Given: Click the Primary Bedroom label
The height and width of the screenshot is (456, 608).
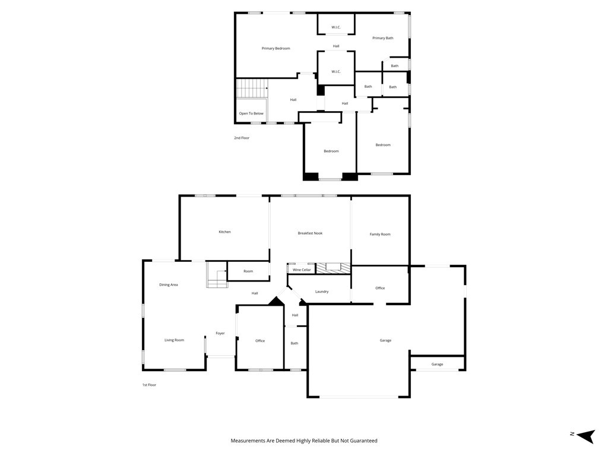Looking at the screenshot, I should [276, 48].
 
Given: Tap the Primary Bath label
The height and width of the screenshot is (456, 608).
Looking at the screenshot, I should [382, 38].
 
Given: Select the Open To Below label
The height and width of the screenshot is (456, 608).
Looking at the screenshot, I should [251, 113].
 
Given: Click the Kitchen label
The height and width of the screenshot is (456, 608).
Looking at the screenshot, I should [224, 232].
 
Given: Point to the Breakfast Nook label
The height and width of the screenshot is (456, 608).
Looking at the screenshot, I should [310, 233].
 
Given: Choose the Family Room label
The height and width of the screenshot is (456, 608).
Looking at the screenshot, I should [380, 235].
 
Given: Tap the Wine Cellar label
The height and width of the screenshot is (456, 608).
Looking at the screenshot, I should [302, 270].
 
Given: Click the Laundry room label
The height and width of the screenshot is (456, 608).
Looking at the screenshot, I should [322, 292].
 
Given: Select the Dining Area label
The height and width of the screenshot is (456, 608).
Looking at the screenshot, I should [169, 284].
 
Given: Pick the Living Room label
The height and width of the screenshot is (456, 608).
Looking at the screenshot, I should [175, 340].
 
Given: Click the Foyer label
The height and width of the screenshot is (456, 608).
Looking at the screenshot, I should [220, 333].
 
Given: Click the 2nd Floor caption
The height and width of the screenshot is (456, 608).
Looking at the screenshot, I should [242, 138].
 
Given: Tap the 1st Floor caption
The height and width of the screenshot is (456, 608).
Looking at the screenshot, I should [149, 385].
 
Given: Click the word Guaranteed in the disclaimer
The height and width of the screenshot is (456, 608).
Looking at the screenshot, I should [360, 441].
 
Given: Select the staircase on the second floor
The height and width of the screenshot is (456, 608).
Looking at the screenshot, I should [252, 88].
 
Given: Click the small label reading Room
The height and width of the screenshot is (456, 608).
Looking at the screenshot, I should [248, 271].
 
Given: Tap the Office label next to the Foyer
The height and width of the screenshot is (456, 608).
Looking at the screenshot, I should [260, 341].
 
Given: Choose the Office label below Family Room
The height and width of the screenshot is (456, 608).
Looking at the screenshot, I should [380, 288].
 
